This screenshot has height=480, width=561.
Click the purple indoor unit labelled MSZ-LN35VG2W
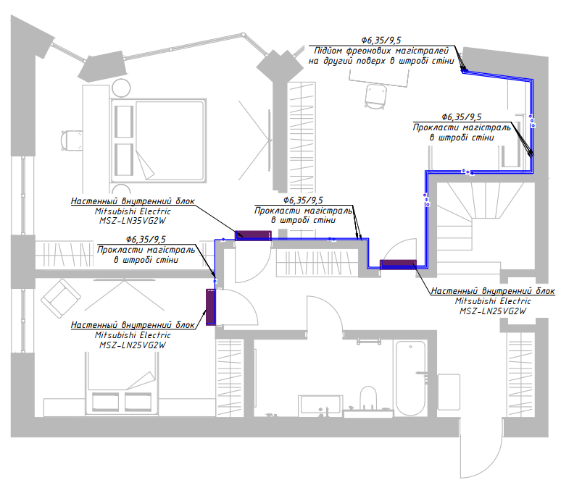[x=253, y=235]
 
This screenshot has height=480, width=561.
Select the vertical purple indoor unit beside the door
[x=211, y=307]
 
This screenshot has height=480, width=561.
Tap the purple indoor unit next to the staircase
[x=398, y=264]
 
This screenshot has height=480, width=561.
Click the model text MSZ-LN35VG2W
[x=133, y=221]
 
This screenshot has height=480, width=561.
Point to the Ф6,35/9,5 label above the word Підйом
[x=381, y=40]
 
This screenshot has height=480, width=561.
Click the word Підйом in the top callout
[x=328, y=51]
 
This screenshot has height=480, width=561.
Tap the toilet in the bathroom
[x=368, y=398]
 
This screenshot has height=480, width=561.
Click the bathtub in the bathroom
[x=410, y=378]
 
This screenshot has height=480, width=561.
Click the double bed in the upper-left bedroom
[x=159, y=141]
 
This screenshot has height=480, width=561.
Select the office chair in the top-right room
[x=375, y=96]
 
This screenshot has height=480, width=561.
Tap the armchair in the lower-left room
[x=60, y=298]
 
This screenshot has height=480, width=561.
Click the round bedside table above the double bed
[x=121, y=88]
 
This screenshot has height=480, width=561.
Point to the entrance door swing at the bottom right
[x=481, y=449]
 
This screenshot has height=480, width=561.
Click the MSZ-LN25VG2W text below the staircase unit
[x=493, y=311]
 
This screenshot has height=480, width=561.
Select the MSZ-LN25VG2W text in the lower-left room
[x=133, y=345]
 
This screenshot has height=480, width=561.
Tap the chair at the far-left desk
[x=71, y=141]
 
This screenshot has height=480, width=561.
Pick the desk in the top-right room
[x=379, y=77]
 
